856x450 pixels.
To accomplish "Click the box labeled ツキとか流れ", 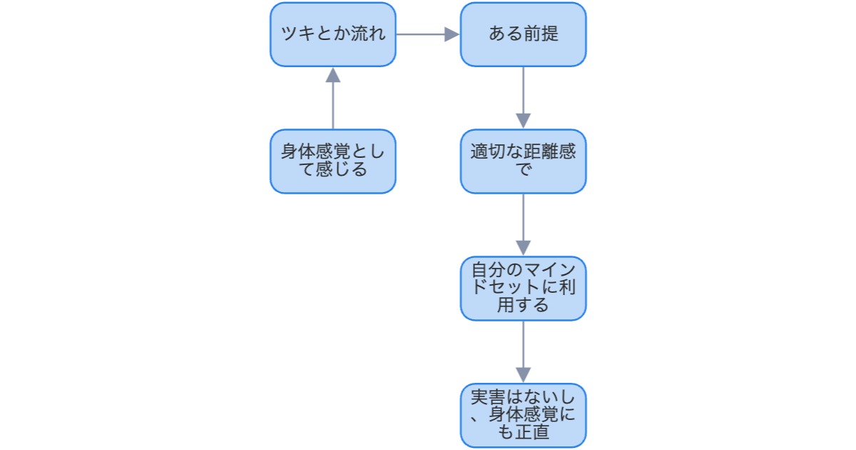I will click(x=332, y=34).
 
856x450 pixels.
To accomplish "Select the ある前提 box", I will click(x=523, y=34).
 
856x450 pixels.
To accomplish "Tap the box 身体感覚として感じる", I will click(x=332, y=161).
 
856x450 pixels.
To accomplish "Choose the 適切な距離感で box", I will click(x=523, y=161).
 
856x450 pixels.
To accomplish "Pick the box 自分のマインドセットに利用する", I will click(x=523, y=289).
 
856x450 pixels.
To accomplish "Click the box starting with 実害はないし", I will click(x=523, y=416).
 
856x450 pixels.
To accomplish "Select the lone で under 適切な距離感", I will click(x=523, y=170).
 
